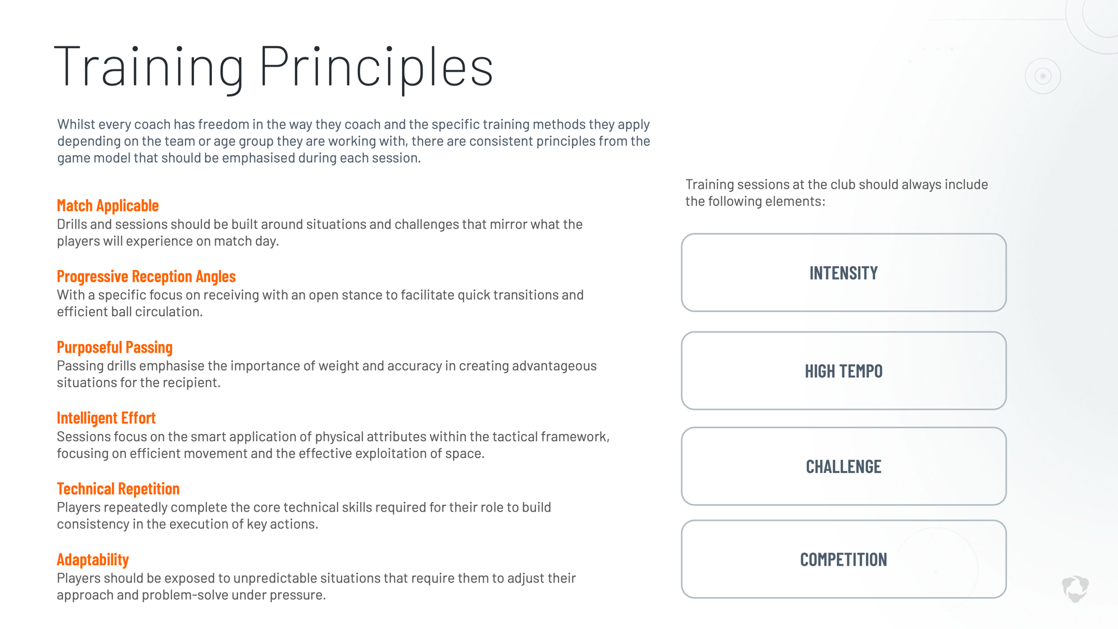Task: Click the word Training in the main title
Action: click(149, 67)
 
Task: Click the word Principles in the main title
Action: click(376, 67)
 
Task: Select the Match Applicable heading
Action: click(108, 205)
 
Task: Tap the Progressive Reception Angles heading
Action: click(146, 276)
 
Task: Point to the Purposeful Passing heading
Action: click(115, 347)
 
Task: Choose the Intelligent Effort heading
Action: click(106, 418)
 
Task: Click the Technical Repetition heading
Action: click(118, 489)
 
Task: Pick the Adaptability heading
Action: click(93, 560)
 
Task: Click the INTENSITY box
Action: click(844, 273)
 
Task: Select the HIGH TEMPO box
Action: click(844, 371)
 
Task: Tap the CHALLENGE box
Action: click(844, 466)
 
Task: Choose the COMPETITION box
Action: click(844, 559)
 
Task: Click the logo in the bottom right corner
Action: click(1076, 589)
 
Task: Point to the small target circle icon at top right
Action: click(1043, 76)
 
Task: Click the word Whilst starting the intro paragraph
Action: click(75, 124)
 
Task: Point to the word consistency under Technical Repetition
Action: click(93, 524)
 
